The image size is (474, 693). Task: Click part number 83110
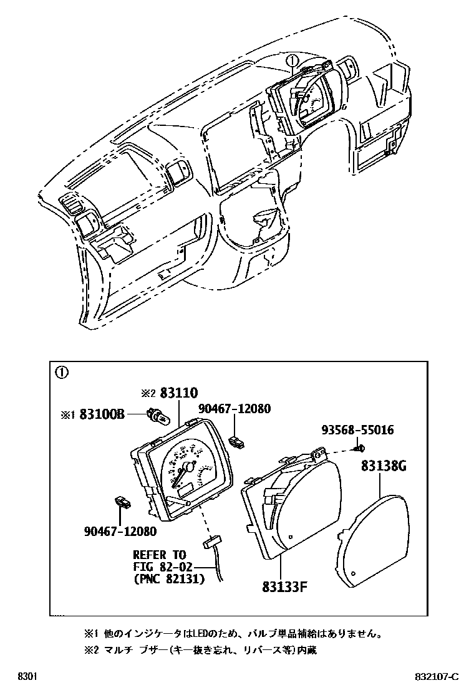178,393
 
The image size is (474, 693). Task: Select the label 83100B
102,414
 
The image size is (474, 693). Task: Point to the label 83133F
287,586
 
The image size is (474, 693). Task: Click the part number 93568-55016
357,431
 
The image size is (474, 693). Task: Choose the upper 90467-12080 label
235,409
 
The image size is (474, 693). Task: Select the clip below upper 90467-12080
236,442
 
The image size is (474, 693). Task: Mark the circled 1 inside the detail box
61,373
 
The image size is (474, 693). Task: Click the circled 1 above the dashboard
293,60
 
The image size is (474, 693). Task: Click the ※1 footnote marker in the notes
92,634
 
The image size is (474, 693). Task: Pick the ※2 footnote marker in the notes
92,650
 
